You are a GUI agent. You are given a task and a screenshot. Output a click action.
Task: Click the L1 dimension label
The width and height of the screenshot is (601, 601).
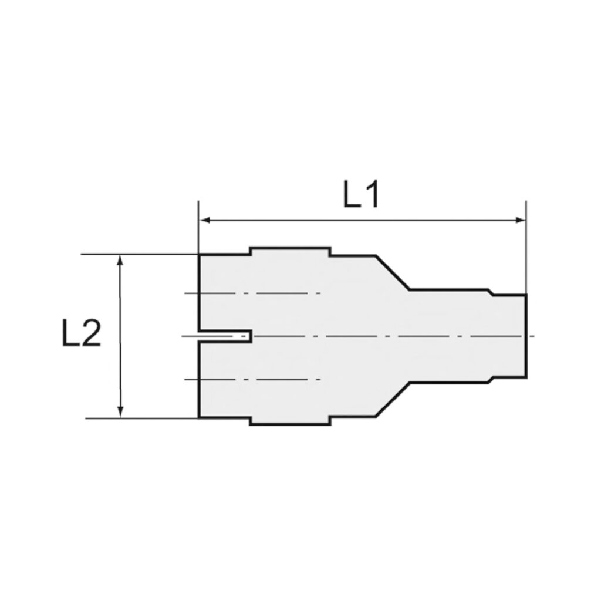tap(361, 197)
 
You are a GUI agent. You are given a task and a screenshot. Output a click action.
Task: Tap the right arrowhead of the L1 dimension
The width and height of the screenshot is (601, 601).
tap(521, 221)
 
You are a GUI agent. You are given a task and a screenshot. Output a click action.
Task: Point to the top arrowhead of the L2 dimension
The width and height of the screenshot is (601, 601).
tap(121, 259)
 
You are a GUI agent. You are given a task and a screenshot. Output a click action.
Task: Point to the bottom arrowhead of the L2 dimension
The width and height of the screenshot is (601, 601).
tap(121, 413)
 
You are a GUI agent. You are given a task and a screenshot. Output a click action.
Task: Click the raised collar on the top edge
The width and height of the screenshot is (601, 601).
tap(290, 249)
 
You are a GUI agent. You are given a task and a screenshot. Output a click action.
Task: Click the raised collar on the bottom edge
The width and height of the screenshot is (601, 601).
tap(290, 423)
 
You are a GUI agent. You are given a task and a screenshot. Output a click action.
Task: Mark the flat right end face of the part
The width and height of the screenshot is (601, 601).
tap(526, 336)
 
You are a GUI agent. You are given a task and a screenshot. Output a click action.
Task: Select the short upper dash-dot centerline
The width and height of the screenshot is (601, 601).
tap(252, 292)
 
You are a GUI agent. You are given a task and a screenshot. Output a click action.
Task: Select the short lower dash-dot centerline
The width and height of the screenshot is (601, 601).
tap(252, 379)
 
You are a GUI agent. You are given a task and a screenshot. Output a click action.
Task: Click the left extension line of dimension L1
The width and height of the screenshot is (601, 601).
tap(199, 229)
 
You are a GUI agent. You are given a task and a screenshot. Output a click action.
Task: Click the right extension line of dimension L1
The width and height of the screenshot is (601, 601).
tap(526, 247)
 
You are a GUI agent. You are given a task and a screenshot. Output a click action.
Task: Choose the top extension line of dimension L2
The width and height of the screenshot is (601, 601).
tap(141, 254)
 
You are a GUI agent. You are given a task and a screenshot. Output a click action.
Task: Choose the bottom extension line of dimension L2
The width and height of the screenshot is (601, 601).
tap(141, 418)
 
